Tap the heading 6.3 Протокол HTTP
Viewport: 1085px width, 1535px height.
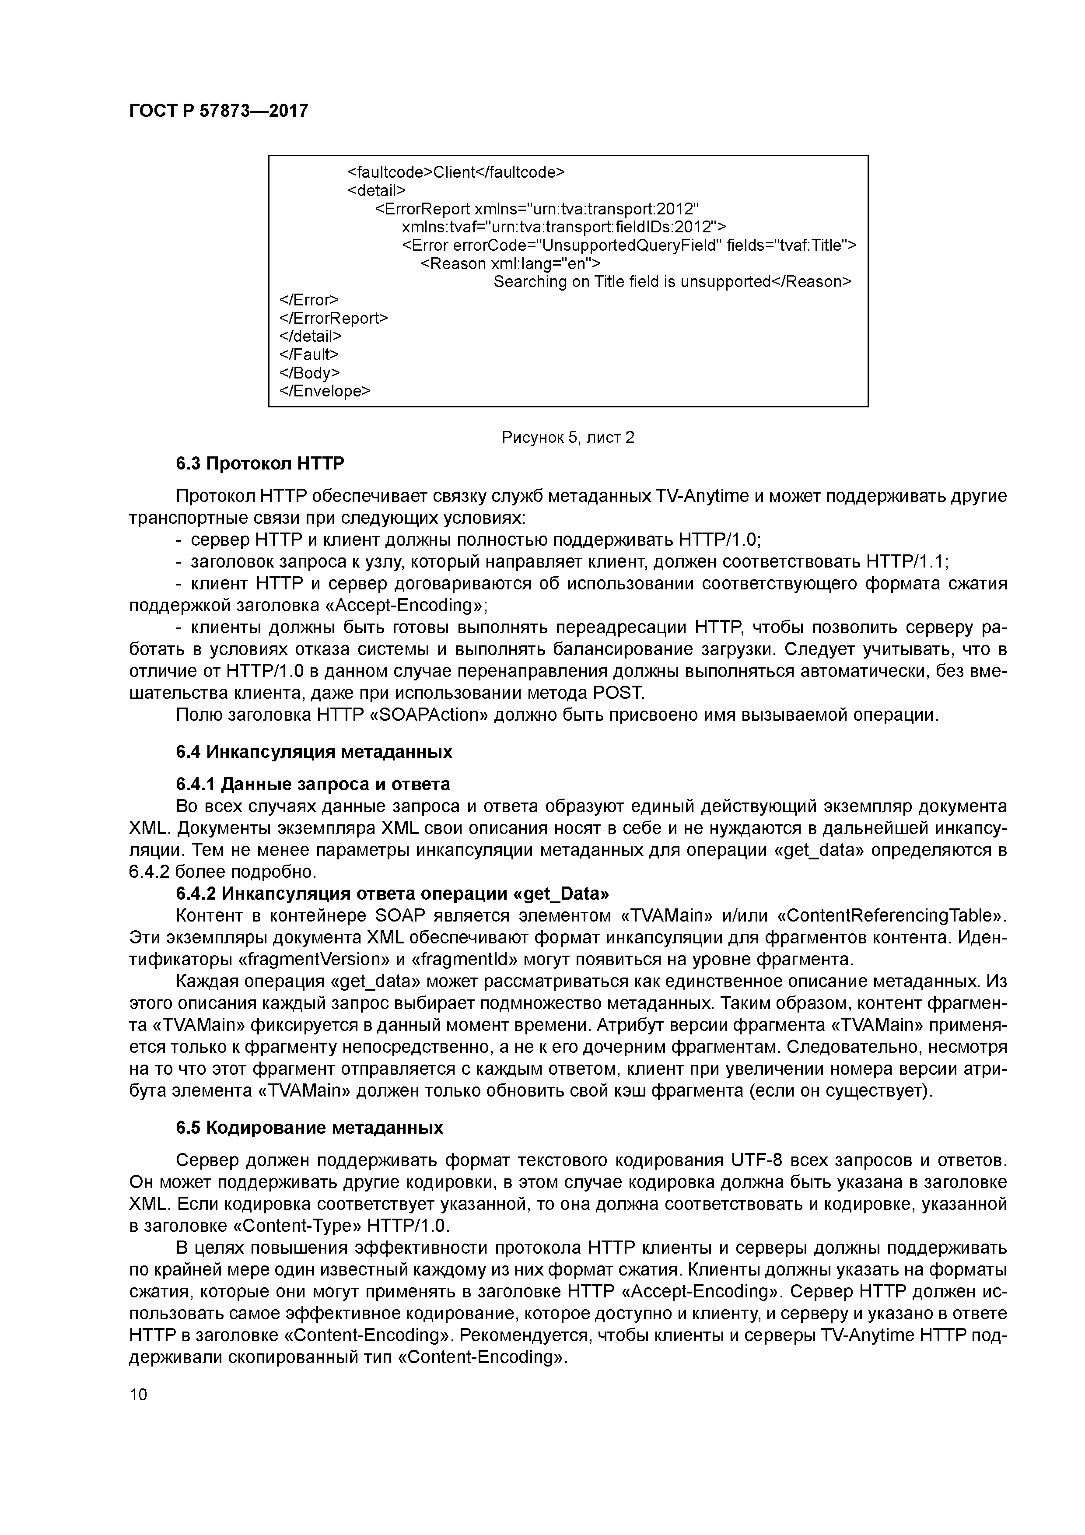click(260, 463)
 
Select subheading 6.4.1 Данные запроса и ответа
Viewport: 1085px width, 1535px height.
click(313, 784)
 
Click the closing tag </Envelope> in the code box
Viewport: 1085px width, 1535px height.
click(324, 390)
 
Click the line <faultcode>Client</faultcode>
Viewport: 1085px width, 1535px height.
click(456, 172)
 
